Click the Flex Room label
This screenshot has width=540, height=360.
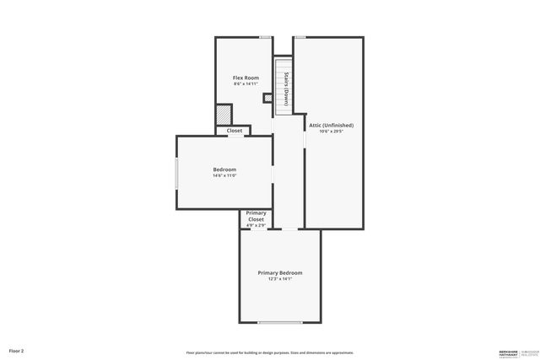(x=246, y=78)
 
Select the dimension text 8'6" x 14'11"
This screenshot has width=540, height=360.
(x=246, y=83)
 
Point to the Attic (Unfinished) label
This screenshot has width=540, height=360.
(x=336, y=125)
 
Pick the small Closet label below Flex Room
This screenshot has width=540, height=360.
(x=234, y=131)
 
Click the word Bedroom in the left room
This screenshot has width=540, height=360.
(x=224, y=169)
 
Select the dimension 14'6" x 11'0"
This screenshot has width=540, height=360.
(x=224, y=175)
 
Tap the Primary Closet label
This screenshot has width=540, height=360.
(x=256, y=216)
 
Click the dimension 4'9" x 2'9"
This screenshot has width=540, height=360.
(x=256, y=225)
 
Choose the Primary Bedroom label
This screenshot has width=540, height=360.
(x=279, y=272)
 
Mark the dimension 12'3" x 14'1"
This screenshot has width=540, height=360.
(x=279, y=278)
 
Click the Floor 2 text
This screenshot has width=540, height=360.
(x=17, y=350)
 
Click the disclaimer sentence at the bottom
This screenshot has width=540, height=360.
(x=270, y=352)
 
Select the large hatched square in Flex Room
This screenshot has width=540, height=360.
(x=224, y=114)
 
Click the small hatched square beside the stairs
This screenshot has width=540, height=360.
(x=267, y=99)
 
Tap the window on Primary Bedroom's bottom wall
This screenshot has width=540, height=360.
(x=279, y=323)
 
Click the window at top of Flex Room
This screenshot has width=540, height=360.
(x=265, y=37)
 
